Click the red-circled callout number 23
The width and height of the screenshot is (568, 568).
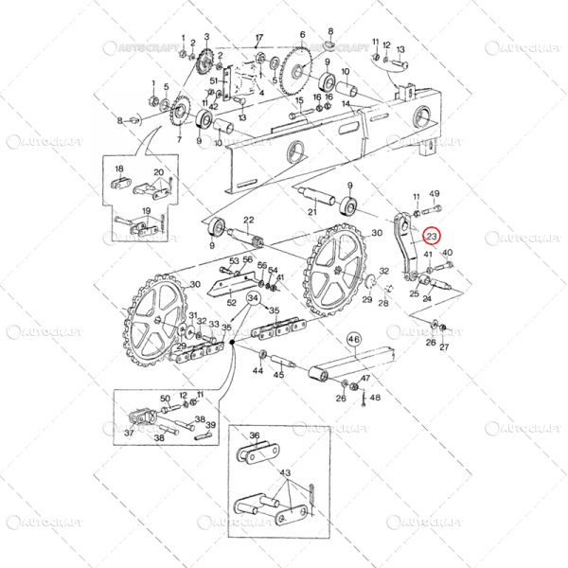tap(432, 236)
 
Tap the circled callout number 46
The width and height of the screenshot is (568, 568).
tap(354, 337)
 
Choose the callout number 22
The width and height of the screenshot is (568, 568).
tap(250, 221)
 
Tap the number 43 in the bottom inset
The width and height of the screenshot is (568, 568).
tap(284, 472)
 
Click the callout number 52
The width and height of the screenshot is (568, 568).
tap(231, 302)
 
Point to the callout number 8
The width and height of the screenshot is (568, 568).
tap(120, 120)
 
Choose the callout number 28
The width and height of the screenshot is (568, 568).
tap(383, 303)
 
